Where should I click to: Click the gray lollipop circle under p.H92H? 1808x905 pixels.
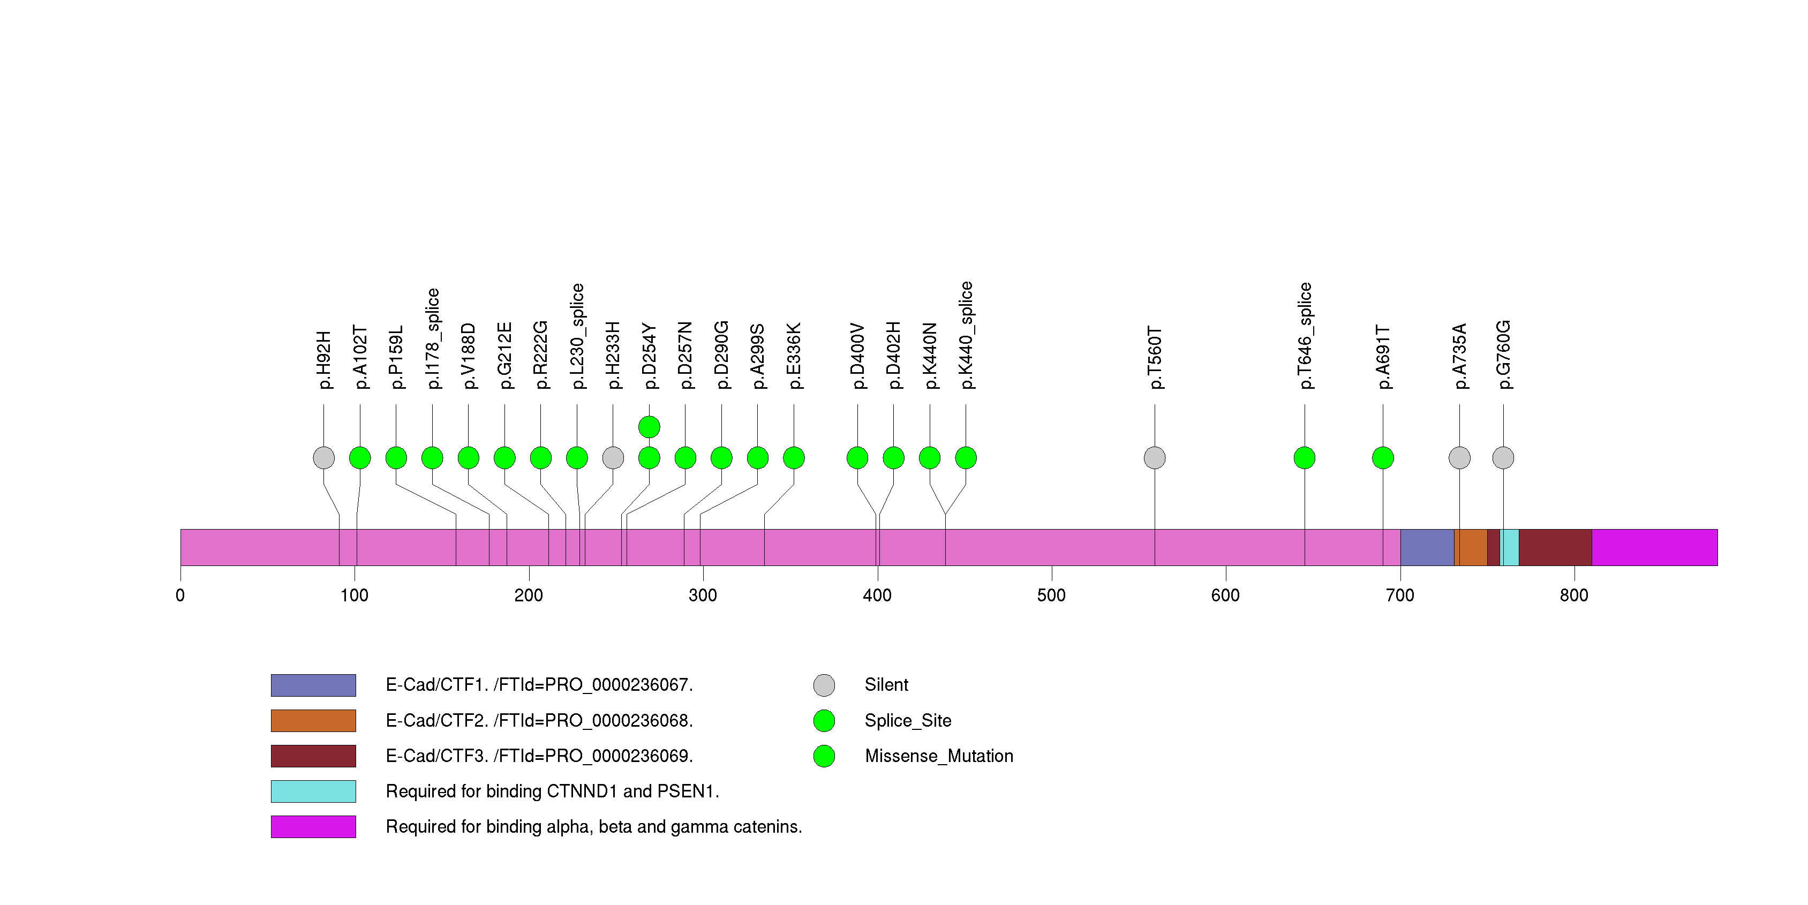pos(323,458)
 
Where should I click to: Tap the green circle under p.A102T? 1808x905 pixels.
pos(360,458)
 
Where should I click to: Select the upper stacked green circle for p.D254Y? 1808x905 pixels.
pos(649,427)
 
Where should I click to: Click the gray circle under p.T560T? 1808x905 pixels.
pos(1155,458)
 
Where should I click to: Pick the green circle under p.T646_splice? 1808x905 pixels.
pos(1305,458)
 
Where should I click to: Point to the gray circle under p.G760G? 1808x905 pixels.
pos(1503,458)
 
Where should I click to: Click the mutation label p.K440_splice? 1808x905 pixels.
pos(967,335)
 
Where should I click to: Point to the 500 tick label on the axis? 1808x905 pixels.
pos(1051,595)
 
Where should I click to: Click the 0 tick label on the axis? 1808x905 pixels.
pos(180,595)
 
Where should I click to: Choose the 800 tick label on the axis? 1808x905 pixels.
pos(1575,595)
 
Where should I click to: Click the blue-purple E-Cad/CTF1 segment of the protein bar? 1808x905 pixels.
pos(1427,547)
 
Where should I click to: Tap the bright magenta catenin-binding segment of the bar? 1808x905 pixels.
pos(1654,547)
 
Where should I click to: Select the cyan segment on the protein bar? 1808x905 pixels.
pos(1510,547)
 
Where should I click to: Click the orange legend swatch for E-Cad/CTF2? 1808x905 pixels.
pos(313,720)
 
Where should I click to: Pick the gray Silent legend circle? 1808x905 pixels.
pos(824,685)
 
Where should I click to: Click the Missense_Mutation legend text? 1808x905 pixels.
pos(939,756)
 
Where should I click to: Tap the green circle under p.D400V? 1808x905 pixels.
pos(858,458)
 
